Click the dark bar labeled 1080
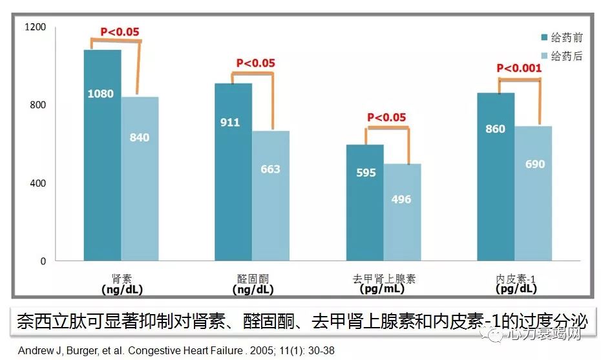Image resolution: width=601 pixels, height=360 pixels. (102, 155)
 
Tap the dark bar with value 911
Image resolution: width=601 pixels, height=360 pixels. (233, 172)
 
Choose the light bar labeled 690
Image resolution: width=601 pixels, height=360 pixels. (533, 193)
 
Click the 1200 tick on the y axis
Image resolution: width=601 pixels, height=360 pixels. (35, 27)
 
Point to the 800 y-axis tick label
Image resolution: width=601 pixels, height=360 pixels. (38, 105)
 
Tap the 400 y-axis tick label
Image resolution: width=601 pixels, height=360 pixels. (38, 184)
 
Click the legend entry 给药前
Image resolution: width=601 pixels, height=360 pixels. (568, 38)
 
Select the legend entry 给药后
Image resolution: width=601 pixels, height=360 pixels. (568, 56)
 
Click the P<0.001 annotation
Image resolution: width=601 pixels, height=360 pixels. (519, 68)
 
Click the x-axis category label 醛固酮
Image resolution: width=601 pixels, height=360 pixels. (252, 279)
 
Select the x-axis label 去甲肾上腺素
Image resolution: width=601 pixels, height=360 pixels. (384, 279)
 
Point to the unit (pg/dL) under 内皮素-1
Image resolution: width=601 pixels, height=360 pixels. (515, 290)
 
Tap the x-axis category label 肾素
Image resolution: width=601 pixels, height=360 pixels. (121, 279)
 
